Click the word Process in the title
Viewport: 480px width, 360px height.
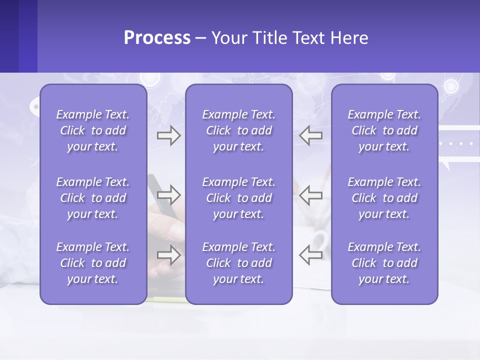click(157, 38)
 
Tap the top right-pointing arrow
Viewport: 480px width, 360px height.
click(168, 135)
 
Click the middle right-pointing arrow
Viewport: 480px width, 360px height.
click(168, 194)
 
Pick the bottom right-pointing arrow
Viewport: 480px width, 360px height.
click(168, 255)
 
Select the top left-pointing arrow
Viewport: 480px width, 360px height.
click(311, 135)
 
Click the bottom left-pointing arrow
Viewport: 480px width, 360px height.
click(311, 255)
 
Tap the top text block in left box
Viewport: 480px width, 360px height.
click(93, 130)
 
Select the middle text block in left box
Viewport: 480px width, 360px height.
click(93, 198)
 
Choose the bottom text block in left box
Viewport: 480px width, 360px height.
click(93, 263)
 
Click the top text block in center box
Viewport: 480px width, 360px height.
click(239, 130)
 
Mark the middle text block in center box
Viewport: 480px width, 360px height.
click(239, 198)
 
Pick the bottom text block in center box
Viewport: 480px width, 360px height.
click(239, 263)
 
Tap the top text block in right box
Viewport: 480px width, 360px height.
click(384, 130)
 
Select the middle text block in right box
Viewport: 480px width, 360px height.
click(384, 198)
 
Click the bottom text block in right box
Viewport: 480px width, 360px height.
click(384, 263)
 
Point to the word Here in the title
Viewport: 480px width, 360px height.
click(349, 38)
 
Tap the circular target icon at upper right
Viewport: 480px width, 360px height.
click(451, 86)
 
